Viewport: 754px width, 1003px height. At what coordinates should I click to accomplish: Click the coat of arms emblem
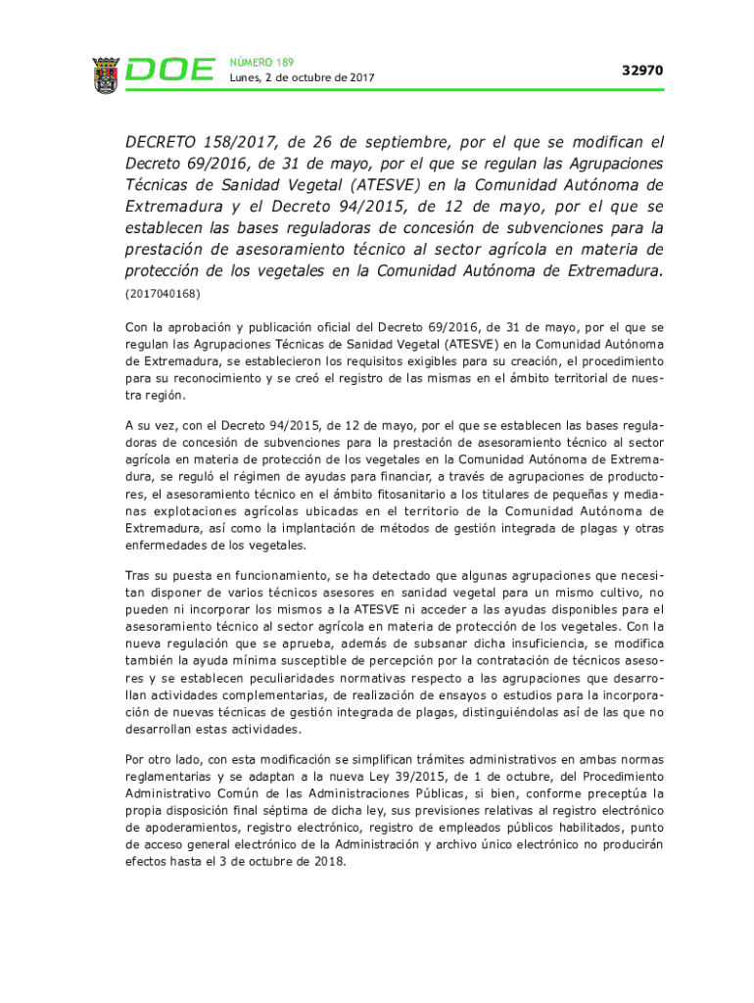pyautogui.click(x=106, y=73)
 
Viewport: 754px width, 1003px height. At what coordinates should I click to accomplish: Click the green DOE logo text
pyautogui.click(x=170, y=71)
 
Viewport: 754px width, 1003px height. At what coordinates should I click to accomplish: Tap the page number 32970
pyautogui.click(x=642, y=71)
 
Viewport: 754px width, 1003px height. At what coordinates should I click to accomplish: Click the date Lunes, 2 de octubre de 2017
pyautogui.click(x=302, y=78)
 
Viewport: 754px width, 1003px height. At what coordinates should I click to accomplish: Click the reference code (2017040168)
pyautogui.click(x=163, y=294)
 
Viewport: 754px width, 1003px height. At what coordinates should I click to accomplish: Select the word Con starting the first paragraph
pyautogui.click(x=136, y=326)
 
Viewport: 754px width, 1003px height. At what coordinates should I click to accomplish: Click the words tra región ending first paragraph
pyautogui.click(x=154, y=397)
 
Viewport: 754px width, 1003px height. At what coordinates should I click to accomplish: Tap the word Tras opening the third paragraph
pyautogui.click(x=140, y=575)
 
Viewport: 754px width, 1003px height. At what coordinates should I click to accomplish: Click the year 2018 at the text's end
pyautogui.click(x=328, y=864)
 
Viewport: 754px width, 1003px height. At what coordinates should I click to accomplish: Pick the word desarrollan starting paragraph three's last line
pyautogui.click(x=160, y=730)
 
